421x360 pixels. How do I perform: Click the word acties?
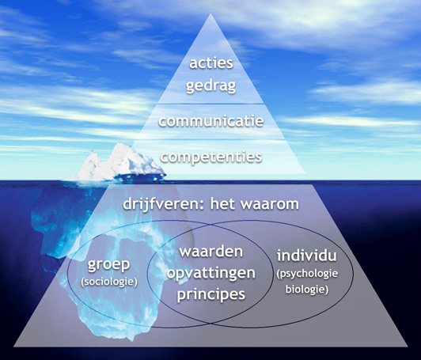211,63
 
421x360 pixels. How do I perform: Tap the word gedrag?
211,87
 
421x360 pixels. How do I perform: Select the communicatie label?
211,121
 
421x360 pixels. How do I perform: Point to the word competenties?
211,157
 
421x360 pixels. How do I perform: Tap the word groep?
109,265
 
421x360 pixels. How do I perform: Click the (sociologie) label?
109,282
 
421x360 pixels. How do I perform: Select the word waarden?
211,252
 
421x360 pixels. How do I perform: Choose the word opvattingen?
211,274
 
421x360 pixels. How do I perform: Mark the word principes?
211,294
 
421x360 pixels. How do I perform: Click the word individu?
306,256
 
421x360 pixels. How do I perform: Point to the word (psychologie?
307,274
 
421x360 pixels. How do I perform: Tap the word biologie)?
307,290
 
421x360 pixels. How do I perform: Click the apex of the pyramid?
210,13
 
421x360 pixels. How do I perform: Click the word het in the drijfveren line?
222,204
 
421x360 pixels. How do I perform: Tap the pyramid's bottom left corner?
14,346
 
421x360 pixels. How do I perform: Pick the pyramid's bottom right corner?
408,346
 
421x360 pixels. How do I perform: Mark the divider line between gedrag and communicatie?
211,104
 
